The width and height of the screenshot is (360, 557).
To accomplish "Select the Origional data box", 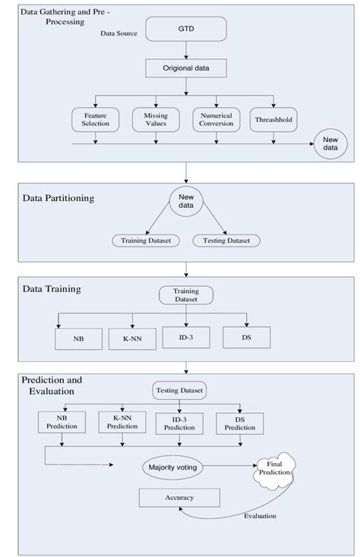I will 186,68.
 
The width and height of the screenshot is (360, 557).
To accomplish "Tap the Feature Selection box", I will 96,118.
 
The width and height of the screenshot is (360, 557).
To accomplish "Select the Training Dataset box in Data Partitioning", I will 144,241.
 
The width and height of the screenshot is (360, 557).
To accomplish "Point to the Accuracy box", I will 178,498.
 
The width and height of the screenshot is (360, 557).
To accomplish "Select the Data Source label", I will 118,34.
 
